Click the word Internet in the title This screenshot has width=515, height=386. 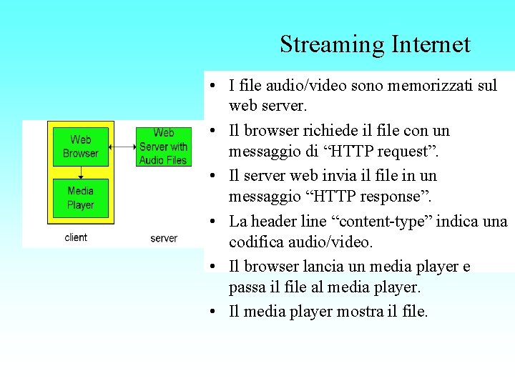click(x=431, y=45)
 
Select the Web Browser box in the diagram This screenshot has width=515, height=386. click(x=81, y=147)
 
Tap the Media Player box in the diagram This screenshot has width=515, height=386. click(x=81, y=198)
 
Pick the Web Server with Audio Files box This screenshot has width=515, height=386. click(x=163, y=147)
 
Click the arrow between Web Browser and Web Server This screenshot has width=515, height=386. click(x=122, y=147)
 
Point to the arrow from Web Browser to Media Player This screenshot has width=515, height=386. click(x=81, y=172)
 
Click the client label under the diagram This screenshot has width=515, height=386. click(x=76, y=237)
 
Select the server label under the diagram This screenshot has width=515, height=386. click(x=164, y=238)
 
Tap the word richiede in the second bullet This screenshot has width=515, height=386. click(x=336, y=131)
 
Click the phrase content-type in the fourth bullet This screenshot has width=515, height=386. click(x=386, y=221)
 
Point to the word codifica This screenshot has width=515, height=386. click(x=257, y=242)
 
